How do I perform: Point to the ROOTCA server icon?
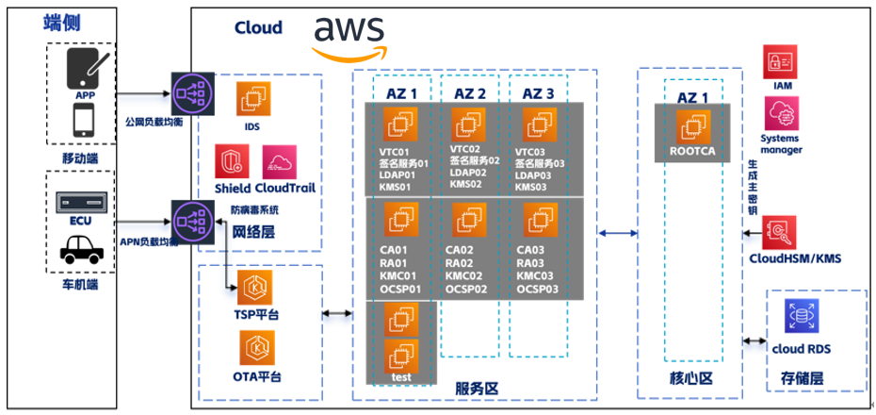694,125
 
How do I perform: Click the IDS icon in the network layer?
252,99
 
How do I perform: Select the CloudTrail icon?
280,161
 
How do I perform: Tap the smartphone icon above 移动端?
82,120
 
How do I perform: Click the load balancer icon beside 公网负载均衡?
187,91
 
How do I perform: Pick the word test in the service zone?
398,377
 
